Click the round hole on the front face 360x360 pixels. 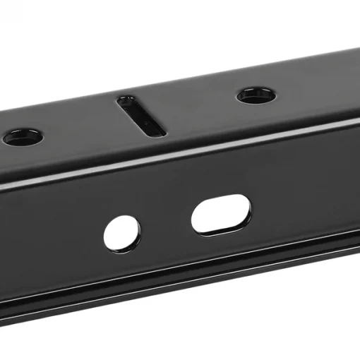122,233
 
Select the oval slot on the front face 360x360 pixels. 221,214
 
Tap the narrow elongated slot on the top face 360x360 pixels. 141,116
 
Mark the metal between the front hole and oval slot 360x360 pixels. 165,224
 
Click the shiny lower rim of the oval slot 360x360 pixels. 222,229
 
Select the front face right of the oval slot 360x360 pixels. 304,198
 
